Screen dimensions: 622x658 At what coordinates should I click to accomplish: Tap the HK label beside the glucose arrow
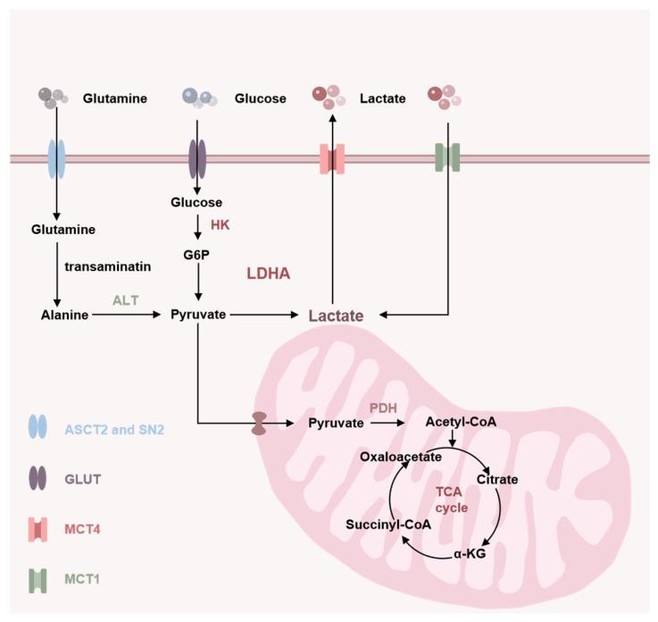(220, 225)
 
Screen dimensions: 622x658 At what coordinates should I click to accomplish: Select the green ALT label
(126, 301)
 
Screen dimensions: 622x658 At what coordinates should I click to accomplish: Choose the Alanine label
(65, 315)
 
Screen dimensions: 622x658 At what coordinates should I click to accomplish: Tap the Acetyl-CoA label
(454, 422)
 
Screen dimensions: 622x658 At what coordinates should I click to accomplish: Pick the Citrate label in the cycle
(497, 480)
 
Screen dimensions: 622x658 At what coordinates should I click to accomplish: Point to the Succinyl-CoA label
(389, 525)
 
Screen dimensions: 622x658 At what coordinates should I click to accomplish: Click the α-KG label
(478, 542)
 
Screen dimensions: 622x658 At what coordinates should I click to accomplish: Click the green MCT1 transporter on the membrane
(446, 159)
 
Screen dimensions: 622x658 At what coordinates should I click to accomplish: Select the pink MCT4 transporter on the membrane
(332, 159)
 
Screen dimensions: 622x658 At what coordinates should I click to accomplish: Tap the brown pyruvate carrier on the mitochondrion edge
(259, 424)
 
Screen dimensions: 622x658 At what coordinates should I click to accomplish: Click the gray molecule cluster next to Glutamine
(52, 96)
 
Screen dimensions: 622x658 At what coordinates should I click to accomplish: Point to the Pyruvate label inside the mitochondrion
(335, 423)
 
